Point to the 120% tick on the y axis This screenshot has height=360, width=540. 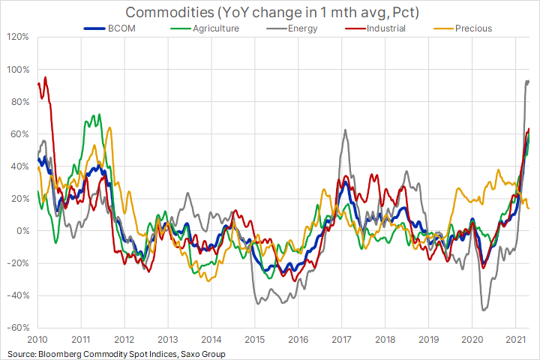click(x=18, y=37)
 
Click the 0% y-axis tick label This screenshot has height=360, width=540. click(x=22, y=231)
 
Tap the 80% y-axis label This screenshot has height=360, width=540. click(x=20, y=101)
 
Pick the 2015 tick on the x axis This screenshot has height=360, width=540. click(x=254, y=339)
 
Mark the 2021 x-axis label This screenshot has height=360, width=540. click(x=515, y=339)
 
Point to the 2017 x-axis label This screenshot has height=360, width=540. click(x=341, y=339)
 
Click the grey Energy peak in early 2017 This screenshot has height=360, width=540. click(x=345, y=130)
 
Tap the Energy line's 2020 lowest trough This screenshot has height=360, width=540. click(x=484, y=310)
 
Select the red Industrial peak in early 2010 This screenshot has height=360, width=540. click(x=45, y=76)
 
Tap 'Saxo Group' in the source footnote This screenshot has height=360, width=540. click(x=200, y=353)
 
